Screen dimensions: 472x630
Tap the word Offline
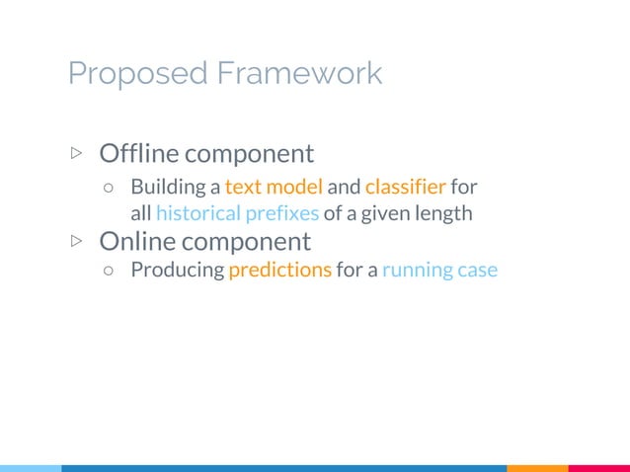pyautogui.click(x=138, y=154)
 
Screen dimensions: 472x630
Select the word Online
pyautogui.click(x=134, y=241)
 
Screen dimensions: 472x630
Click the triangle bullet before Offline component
pyautogui.click(x=77, y=154)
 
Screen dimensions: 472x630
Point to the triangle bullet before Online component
pyautogui.click(x=77, y=241)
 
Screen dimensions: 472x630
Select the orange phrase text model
pyautogui.click(x=274, y=186)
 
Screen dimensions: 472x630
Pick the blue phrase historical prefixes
pyautogui.click(x=237, y=213)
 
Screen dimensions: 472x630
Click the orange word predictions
pyautogui.click(x=279, y=271)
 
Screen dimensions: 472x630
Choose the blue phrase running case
pyautogui.click(x=439, y=271)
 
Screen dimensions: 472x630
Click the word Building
pyautogui.click(x=166, y=186)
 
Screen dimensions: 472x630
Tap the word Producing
pyautogui.click(x=178, y=271)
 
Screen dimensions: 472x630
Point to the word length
pyautogui.click(x=445, y=213)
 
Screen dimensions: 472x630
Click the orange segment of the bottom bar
pyautogui.click(x=537, y=467)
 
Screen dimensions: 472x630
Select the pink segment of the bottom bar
pyautogui.click(x=598, y=467)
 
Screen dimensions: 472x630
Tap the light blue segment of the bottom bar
pyautogui.click(x=30, y=467)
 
